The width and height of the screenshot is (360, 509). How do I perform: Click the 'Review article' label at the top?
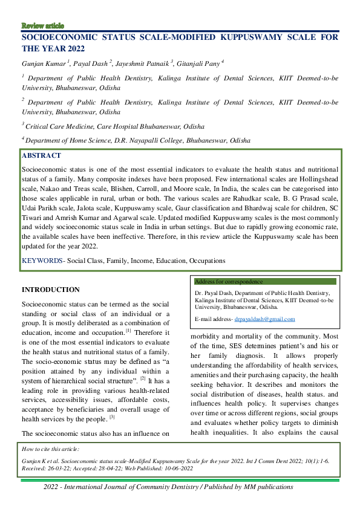coord(42,25)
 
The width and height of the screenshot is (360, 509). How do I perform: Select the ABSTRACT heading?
coord(42,155)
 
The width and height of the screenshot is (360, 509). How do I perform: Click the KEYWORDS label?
coord(42,261)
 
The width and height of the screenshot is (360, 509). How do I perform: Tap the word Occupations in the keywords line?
coord(206,261)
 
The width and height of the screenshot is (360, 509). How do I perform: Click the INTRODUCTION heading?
coord(50,290)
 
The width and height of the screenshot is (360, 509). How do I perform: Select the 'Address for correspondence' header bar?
coord(266,282)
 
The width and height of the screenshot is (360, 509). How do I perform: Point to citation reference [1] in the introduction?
coord(128,331)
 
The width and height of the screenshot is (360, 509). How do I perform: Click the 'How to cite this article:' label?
coord(54,449)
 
